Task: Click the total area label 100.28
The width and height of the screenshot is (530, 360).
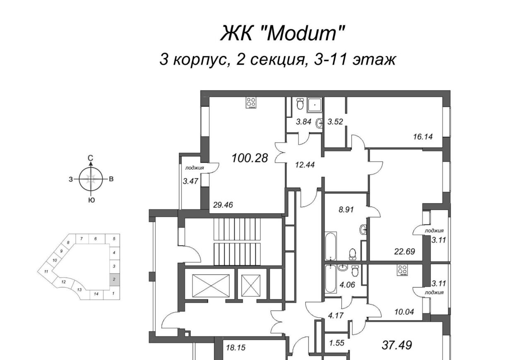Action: [250, 158]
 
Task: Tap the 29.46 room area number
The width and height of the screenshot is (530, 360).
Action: [223, 205]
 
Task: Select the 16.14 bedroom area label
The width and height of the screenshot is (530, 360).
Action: [423, 137]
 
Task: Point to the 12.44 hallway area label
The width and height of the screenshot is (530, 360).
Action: [305, 164]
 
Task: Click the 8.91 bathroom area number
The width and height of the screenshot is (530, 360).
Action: [346, 209]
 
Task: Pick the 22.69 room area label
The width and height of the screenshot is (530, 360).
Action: [405, 252]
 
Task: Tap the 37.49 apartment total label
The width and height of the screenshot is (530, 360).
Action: [397, 345]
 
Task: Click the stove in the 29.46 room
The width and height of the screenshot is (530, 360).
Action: [251, 103]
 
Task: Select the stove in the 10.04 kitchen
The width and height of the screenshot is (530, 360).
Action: [402, 270]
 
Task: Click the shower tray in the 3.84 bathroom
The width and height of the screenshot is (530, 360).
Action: [314, 105]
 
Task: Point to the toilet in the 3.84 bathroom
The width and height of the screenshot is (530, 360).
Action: [300, 104]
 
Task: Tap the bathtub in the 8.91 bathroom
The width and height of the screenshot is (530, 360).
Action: [330, 247]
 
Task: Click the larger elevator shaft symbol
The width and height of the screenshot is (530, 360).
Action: [211, 286]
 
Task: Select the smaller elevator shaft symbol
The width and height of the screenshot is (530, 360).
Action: [251, 286]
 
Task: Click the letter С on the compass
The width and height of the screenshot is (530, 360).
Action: [90, 158]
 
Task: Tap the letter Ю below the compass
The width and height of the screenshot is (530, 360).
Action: [92, 200]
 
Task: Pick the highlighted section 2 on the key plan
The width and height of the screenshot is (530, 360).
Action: [115, 279]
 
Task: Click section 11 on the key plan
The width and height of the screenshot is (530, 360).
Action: [46, 271]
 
